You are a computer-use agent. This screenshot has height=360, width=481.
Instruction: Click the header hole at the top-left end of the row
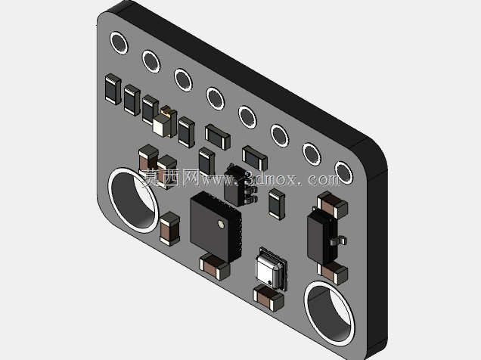119,43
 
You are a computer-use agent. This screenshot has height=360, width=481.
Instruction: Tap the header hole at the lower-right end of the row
343,172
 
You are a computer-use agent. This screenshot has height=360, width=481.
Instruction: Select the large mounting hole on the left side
133,200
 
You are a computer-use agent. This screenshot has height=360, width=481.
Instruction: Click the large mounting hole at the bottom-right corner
330,314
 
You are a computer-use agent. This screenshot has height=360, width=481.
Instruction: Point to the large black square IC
216,227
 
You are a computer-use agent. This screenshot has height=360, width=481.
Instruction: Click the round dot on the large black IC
221,225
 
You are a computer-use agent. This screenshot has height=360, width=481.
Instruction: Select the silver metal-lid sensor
271,268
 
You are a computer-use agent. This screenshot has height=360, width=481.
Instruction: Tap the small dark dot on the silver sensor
270,282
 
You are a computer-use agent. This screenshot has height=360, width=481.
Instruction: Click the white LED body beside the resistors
163,125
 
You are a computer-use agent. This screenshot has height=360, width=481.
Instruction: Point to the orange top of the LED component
166,109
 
